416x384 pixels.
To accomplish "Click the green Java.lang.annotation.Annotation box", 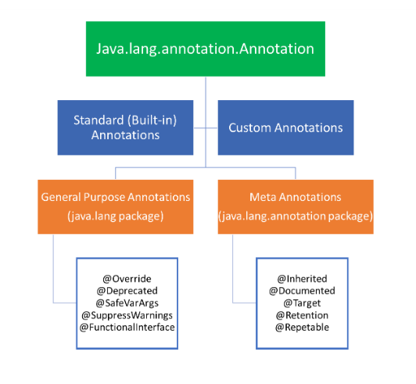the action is (x=206, y=48).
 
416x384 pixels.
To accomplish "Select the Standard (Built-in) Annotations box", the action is (x=125, y=127).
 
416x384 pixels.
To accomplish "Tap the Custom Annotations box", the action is (x=285, y=127).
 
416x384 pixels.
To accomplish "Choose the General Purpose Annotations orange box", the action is (x=116, y=206).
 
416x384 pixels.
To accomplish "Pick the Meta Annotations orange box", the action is (x=296, y=206).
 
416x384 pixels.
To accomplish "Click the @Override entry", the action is (x=127, y=279).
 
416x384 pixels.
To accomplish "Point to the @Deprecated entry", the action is (x=127, y=291).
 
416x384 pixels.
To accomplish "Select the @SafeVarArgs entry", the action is (x=127, y=303).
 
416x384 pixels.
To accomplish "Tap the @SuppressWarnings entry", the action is (x=127, y=315).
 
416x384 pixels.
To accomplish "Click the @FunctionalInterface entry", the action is (x=127, y=328).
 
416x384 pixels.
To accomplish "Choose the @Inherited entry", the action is (x=302, y=279).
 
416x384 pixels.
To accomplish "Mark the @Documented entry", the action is (x=302, y=291).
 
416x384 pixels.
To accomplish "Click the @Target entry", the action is (x=302, y=303).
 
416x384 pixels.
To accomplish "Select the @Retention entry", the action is (x=302, y=315).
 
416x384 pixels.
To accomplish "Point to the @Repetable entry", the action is (x=302, y=328).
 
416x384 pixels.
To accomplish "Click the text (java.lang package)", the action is (x=116, y=217).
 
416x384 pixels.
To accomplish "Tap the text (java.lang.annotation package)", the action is (x=296, y=217).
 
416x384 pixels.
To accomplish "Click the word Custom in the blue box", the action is (x=249, y=128).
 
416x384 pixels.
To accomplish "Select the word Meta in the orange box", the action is (x=263, y=197).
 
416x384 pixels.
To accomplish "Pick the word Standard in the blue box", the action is (x=99, y=120).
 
